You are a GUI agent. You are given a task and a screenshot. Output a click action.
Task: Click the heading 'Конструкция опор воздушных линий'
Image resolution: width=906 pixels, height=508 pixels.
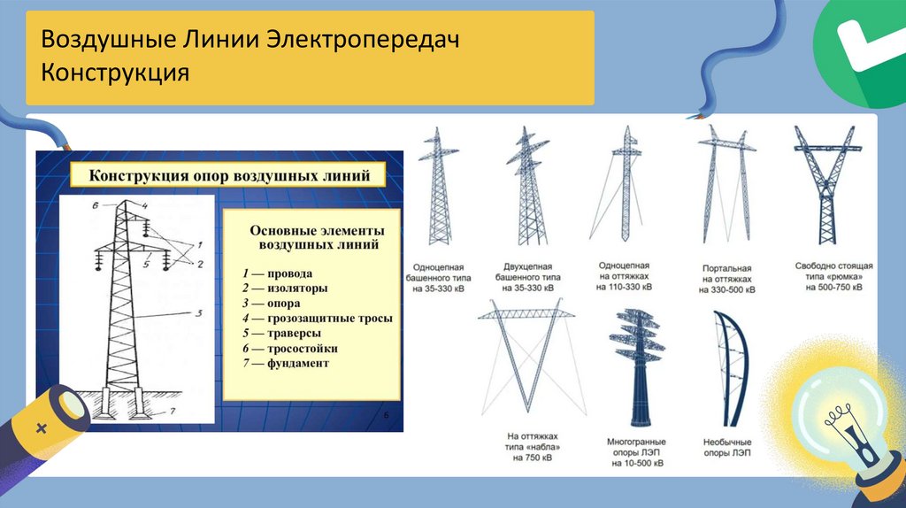click(x=228, y=174)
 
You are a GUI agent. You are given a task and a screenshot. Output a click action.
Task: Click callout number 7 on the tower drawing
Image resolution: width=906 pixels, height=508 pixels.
click(x=173, y=411)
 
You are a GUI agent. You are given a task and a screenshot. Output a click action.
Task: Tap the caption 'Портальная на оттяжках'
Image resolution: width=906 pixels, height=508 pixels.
click(x=726, y=279)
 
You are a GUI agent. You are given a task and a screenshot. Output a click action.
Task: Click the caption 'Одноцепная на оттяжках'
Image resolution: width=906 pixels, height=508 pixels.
click(x=625, y=276)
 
